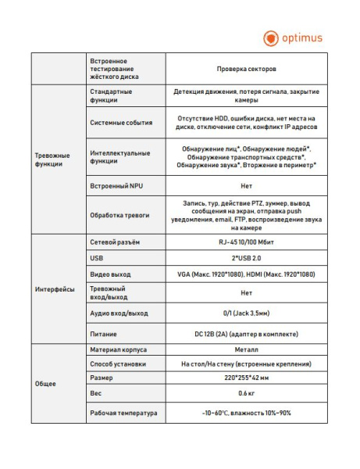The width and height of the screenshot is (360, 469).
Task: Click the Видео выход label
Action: [x=109, y=274]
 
